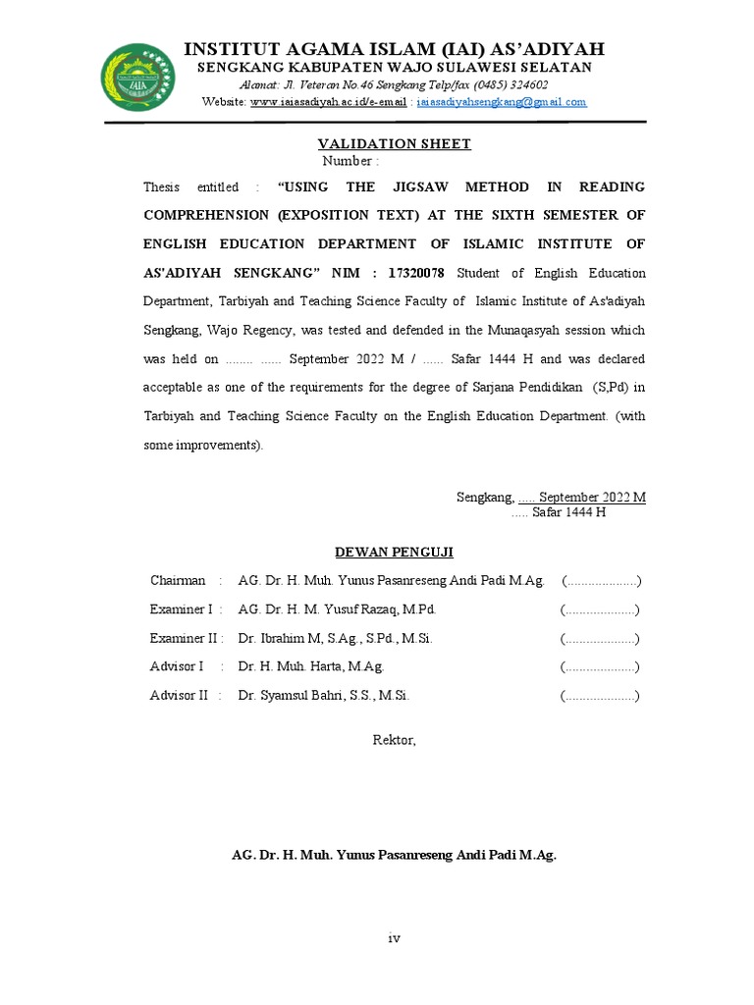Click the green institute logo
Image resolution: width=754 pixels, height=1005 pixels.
click(x=138, y=78)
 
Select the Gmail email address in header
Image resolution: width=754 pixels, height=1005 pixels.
click(x=502, y=101)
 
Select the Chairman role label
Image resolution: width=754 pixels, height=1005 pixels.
click(x=178, y=581)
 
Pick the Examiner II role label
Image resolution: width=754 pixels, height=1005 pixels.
click(x=184, y=639)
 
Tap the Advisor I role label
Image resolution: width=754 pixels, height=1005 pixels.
click(x=177, y=667)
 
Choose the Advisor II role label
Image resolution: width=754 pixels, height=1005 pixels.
click(x=180, y=696)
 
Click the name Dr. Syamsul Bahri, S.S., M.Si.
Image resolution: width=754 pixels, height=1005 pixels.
click(x=323, y=696)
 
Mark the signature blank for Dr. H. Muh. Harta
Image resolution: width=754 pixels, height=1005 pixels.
click(x=600, y=667)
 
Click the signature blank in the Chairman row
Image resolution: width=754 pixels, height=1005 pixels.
click(x=601, y=581)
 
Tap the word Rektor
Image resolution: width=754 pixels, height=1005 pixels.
click(x=394, y=740)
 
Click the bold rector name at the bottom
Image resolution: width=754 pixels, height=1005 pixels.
click(x=394, y=855)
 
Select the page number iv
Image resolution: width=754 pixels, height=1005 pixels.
click(x=394, y=938)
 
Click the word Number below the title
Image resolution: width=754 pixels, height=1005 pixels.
click(x=348, y=161)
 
